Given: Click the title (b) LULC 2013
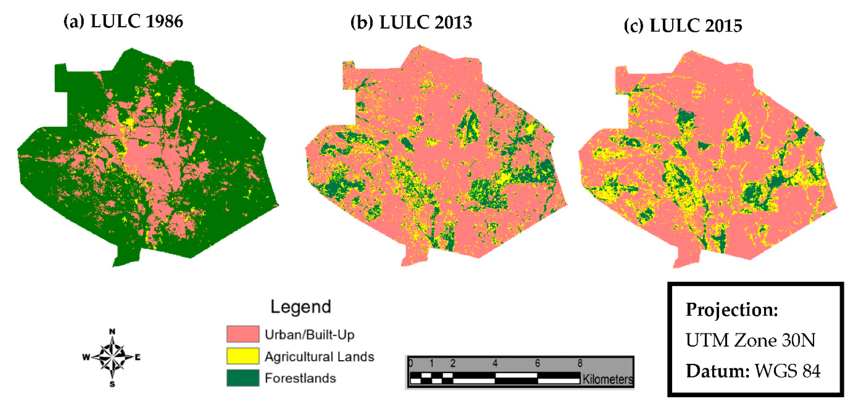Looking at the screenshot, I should [411, 23].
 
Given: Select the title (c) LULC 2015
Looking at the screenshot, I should [683, 26].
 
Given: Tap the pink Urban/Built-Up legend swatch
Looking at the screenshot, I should [243, 334].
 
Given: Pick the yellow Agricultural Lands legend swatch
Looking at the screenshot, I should [243, 356].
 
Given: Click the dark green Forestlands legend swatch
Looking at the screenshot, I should [243, 378].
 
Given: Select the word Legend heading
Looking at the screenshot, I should [301, 307].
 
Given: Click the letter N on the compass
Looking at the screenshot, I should [112, 332].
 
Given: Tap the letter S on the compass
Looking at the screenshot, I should [112, 384].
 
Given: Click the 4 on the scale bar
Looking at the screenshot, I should [495, 363].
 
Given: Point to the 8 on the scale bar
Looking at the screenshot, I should [580, 363].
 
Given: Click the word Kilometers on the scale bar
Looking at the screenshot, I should [607, 379].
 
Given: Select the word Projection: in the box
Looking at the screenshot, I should [731, 310].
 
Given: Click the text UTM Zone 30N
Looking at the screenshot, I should [750, 340].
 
